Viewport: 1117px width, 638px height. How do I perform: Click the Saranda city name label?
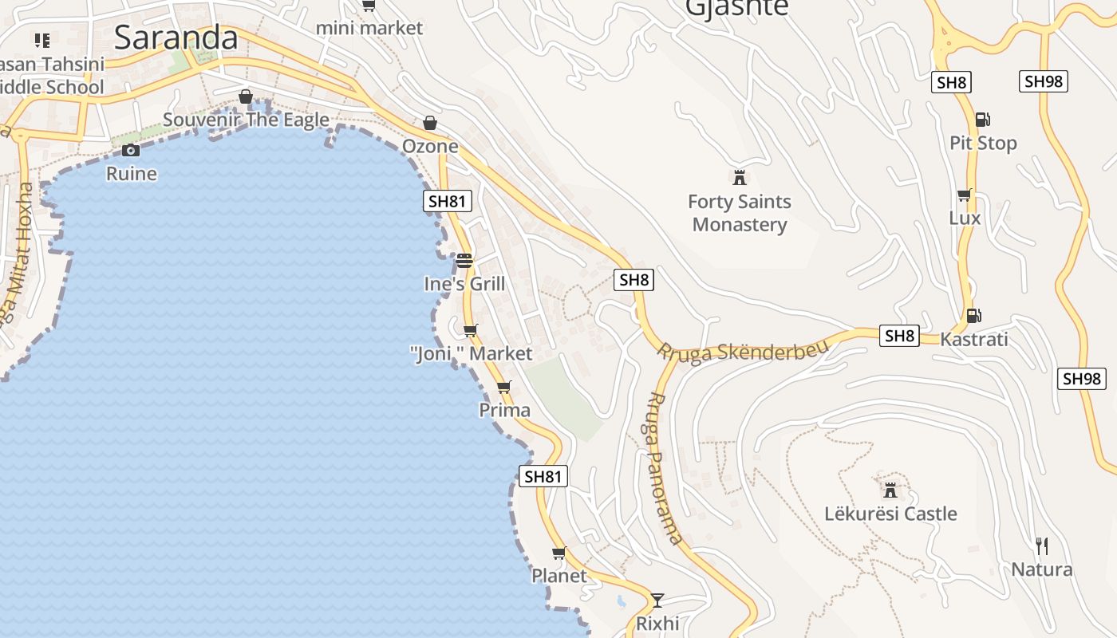pos(176,37)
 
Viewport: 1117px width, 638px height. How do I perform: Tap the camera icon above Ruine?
pos(132,150)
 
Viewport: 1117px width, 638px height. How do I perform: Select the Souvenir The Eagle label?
pos(246,120)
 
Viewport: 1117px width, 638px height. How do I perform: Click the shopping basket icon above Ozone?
pos(430,123)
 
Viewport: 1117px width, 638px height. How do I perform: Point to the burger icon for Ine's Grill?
pos(464,261)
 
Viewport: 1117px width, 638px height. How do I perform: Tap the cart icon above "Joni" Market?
pos(470,330)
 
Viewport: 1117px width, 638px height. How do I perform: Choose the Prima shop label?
pos(504,410)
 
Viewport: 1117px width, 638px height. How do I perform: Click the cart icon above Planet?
pos(558,553)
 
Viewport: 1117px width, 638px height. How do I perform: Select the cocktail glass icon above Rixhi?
pos(657,600)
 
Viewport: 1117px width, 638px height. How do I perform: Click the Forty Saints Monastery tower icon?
pos(740,177)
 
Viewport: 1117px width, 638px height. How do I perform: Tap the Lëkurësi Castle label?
pos(890,514)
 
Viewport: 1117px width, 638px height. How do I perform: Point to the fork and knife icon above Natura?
pos(1041,546)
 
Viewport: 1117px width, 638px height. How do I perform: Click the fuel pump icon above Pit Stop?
pos(982,120)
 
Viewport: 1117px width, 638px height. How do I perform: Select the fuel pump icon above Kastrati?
pos(973,316)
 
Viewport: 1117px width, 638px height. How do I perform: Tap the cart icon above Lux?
pos(965,195)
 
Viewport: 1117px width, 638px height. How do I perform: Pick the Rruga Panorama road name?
pos(663,468)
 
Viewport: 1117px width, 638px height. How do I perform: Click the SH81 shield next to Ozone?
pos(447,201)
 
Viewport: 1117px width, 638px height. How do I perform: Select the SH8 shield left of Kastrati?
pos(899,336)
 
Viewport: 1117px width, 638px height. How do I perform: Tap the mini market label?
pos(369,28)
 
